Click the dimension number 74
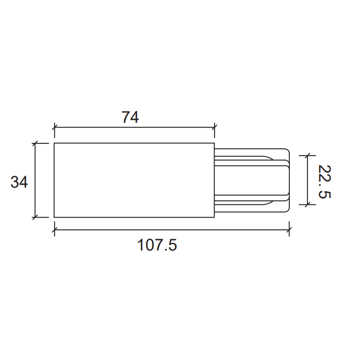pyautogui.click(x=130, y=117)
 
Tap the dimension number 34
pyautogui.click(x=19, y=182)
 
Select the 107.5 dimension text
pyautogui.click(x=157, y=245)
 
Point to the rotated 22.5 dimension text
pyautogui.click(x=324, y=181)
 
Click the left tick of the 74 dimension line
pyautogui.click(x=55, y=127)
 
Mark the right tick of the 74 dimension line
pyautogui.click(x=215, y=127)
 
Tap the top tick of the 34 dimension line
pyautogui.click(x=35, y=143)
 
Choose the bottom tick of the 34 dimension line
pyautogui.click(x=35, y=217)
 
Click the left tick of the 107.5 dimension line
pyautogui.click(x=55, y=229)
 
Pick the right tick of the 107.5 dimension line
pyautogui.click(x=289, y=229)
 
